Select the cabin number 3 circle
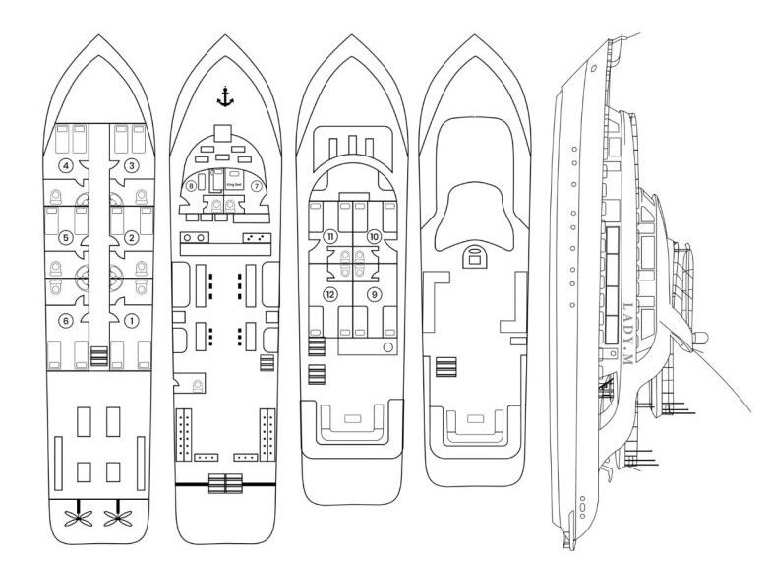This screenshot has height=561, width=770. point(131,166)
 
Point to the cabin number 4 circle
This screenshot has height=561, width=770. point(65,166)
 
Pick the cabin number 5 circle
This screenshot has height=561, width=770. point(66,237)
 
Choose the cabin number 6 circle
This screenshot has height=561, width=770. point(65,319)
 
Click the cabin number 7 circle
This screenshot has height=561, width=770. point(256,185)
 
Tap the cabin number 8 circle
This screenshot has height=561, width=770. point(191,185)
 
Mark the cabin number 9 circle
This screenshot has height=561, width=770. point(374,294)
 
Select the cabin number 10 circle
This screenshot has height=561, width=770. point(374,237)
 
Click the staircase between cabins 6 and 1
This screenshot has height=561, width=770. point(98,354)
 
